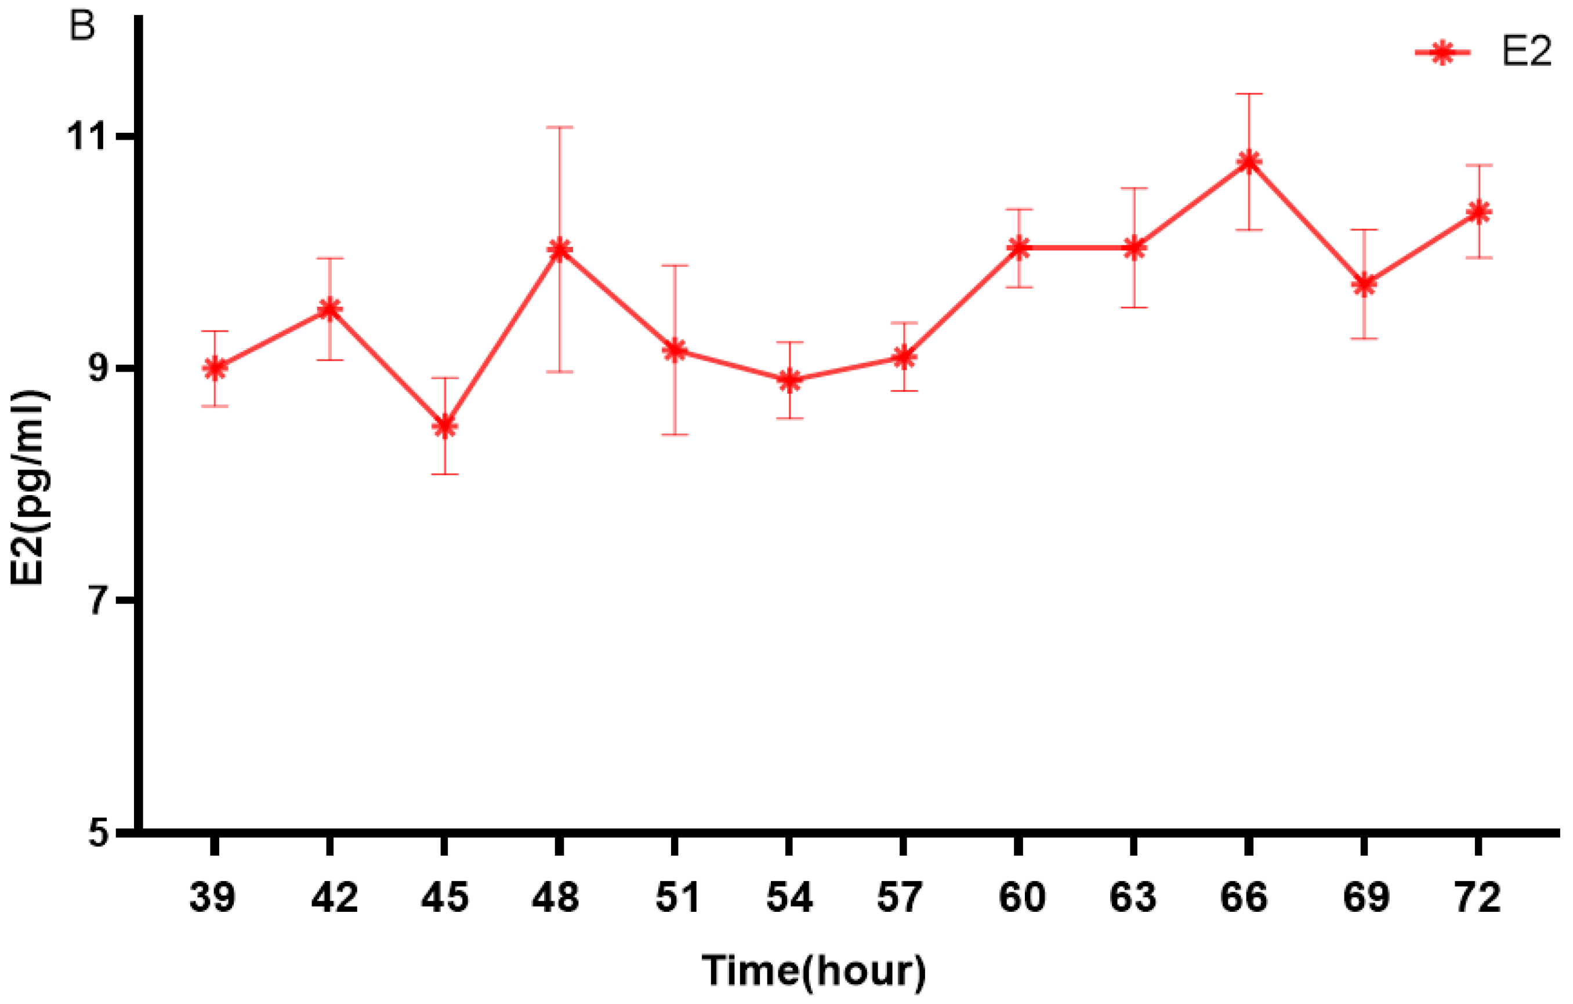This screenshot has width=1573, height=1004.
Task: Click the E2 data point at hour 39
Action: point(215,369)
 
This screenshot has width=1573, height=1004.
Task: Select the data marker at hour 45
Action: point(445,426)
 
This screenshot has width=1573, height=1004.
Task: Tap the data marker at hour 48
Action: point(559,249)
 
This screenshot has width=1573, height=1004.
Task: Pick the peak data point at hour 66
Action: point(1248,162)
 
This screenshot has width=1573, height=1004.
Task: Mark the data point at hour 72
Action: point(1478,212)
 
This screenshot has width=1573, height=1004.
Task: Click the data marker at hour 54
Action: point(790,380)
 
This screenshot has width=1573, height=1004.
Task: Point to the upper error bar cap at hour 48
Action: point(559,128)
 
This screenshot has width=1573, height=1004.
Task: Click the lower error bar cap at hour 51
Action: point(675,434)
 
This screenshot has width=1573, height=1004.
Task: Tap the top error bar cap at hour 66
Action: point(1248,94)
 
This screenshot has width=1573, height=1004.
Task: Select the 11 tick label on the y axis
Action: point(87,137)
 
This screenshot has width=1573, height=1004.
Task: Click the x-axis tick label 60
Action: point(1021,897)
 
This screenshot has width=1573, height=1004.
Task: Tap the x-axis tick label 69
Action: point(1366,897)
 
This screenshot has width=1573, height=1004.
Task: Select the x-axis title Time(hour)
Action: point(814,970)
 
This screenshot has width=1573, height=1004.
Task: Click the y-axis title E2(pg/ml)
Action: point(27,488)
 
